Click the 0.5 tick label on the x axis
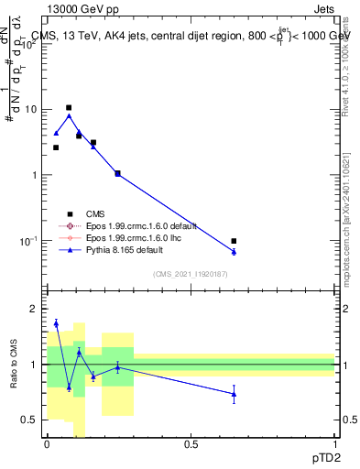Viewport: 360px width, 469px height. [x=191, y=443]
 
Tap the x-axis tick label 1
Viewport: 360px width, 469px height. [x=335, y=443]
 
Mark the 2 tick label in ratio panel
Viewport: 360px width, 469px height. [x=35, y=310]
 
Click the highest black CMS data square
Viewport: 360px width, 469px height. [x=69, y=108]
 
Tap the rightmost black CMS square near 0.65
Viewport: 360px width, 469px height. [x=234, y=241]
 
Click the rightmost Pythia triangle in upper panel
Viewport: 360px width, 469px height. [x=234, y=251]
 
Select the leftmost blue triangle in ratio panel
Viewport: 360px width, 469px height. [x=56, y=322]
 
